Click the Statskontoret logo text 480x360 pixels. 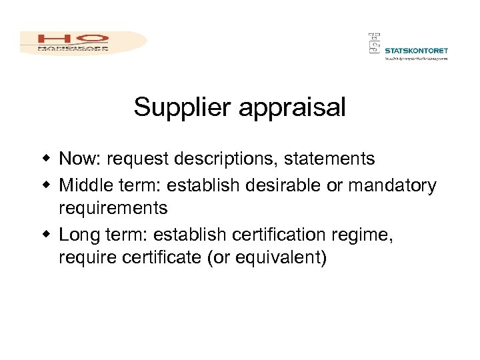[x=416, y=50]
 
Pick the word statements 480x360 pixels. [x=328, y=159]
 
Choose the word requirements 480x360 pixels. [x=113, y=209]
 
